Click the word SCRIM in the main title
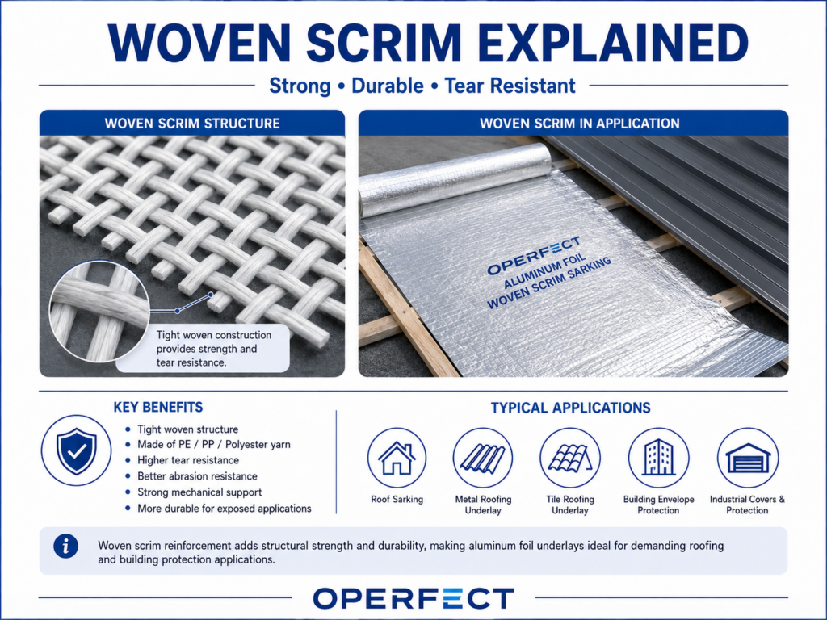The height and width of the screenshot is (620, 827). [x=384, y=43]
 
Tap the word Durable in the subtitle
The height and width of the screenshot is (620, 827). [x=388, y=86]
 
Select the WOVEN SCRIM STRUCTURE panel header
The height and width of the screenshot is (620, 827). [x=192, y=124]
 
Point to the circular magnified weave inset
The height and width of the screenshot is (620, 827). [x=99, y=312]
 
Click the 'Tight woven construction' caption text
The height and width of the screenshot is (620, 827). [x=214, y=335]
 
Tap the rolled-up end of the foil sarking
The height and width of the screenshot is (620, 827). [x=455, y=180]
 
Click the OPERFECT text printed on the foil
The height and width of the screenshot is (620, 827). [x=533, y=255]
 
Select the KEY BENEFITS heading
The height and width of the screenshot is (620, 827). [x=158, y=407]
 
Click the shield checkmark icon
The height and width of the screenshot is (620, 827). [x=77, y=450]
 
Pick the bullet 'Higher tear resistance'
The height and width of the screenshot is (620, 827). [x=188, y=460]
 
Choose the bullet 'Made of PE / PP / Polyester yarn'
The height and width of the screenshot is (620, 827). [x=213, y=445]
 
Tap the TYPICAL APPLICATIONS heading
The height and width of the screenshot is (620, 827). [x=571, y=408]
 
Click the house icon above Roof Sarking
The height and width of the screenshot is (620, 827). [x=397, y=458]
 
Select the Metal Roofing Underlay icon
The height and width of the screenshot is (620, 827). [x=483, y=458]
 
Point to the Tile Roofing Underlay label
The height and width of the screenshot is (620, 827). [x=570, y=505]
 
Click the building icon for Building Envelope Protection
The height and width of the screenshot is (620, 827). [x=659, y=458]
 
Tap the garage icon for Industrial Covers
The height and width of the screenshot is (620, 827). [x=748, y=458]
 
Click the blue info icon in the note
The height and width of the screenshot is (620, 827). [x=66, y=547]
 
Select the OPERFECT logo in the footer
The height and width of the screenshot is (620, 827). [x=413, y=598]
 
